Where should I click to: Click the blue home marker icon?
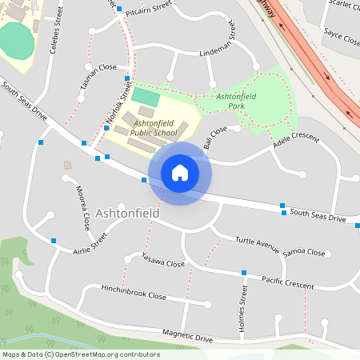click(179, 173)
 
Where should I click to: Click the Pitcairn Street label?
click(149, 6)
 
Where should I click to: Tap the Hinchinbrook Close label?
click(134, 292)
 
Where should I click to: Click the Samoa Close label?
click(304, 253)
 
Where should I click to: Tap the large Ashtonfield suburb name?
click(127, 214)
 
